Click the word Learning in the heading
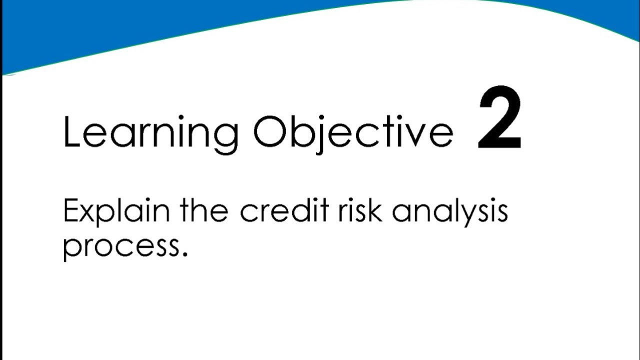click(x=150, y=132)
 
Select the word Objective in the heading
click(x=353, y=132)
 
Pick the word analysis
click(x=449, y=212)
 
